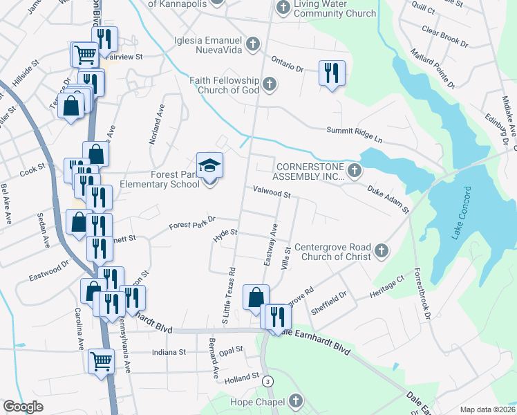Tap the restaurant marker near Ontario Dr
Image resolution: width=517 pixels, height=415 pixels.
pos(332,73)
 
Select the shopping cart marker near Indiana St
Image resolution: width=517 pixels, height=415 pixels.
pos(102,360)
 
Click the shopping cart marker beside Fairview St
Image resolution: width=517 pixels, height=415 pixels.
pos(85,54)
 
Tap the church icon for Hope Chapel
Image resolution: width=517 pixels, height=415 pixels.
pos(295,401)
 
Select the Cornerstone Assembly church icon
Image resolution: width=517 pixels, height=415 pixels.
pos(355,170)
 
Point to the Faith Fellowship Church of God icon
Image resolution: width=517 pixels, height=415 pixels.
pos(270,84)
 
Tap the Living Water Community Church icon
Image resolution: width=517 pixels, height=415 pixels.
pos(282,8)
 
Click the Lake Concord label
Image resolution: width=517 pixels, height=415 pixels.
pos(461,212)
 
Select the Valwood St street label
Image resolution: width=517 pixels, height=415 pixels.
pos(272,193)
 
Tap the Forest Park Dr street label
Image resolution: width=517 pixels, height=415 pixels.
pos(193,222)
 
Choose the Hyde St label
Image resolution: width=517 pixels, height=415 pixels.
pos(225,236)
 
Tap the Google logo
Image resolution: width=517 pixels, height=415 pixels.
pos(23,406)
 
